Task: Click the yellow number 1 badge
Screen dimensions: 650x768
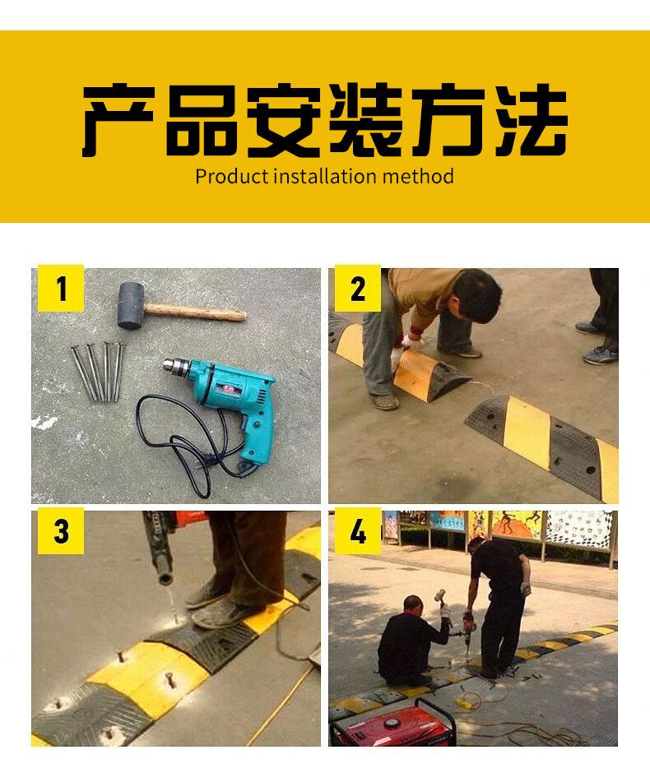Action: click(60, 288)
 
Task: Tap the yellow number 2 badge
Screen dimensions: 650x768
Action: click(358, 288)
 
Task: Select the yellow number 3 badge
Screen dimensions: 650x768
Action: click(61, 531)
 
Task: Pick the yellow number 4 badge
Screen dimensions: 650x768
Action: click(358, 531)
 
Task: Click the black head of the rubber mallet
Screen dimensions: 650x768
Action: click(131, 305)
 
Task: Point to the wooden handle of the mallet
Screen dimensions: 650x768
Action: click(195, 312)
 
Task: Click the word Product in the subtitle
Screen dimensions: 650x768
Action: click(232, 176)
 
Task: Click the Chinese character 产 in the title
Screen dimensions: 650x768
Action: click(118, 120)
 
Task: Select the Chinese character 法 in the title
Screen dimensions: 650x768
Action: click(532, 120)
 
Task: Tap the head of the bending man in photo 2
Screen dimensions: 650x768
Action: click(477, 295)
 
